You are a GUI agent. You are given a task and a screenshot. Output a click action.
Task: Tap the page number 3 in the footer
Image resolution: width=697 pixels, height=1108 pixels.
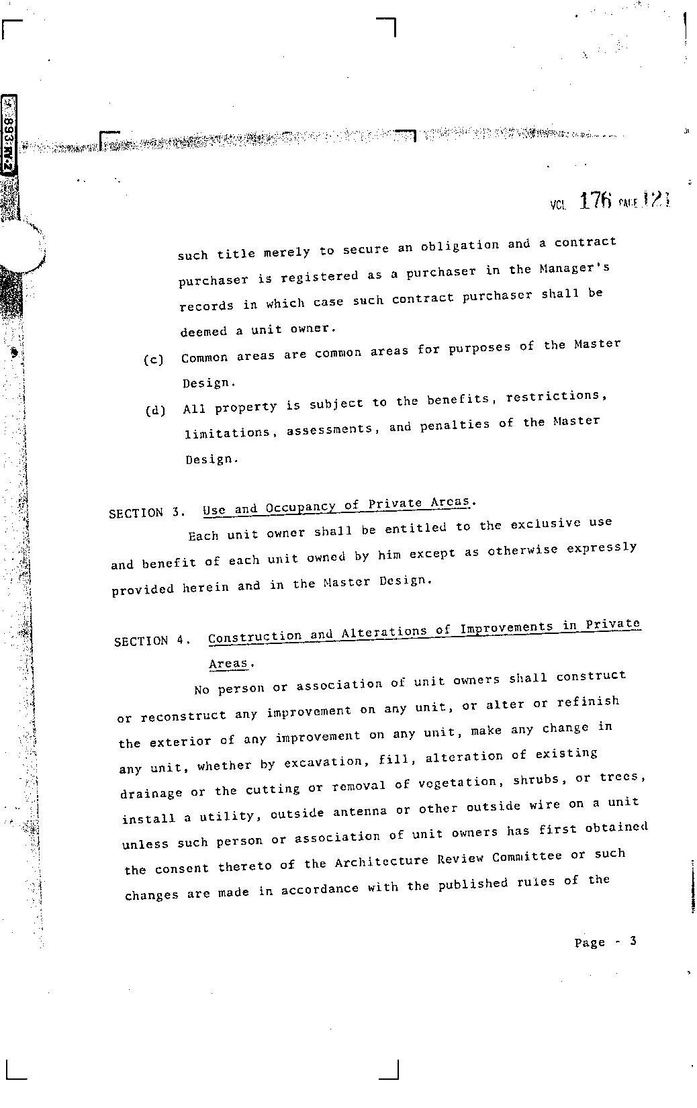633,941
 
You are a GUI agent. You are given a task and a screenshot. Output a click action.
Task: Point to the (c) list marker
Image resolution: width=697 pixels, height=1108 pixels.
153,360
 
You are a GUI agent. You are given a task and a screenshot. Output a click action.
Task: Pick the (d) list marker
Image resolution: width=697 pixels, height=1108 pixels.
155,410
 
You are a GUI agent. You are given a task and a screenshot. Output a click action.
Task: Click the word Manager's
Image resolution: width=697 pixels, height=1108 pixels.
574,268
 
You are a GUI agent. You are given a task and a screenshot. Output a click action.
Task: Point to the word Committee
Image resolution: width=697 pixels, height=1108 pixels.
527,857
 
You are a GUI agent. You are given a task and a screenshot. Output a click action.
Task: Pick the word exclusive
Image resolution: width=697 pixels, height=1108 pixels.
545,524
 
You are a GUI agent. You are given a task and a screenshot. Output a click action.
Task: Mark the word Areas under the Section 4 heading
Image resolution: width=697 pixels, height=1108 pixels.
228,664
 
